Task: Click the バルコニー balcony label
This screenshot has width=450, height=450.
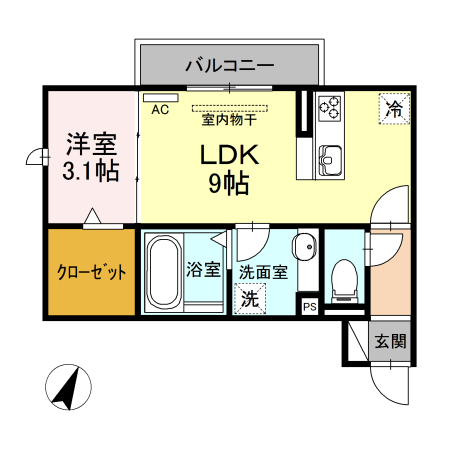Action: pos(230,66)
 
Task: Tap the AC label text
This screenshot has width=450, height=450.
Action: pos(160,111)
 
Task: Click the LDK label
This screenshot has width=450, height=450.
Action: pos(232,156)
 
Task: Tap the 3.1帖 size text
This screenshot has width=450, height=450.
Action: pos(90,171)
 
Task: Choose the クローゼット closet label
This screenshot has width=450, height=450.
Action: pos(91,272)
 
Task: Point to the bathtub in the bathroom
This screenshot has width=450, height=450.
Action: pos(164,272)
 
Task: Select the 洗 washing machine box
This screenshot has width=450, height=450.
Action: pos(249,298)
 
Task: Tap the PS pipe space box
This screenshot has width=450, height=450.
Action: pos(310,307)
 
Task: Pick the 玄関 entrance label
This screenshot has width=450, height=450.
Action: pos(390,341)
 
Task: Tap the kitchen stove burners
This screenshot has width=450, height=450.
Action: pos(330,107)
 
